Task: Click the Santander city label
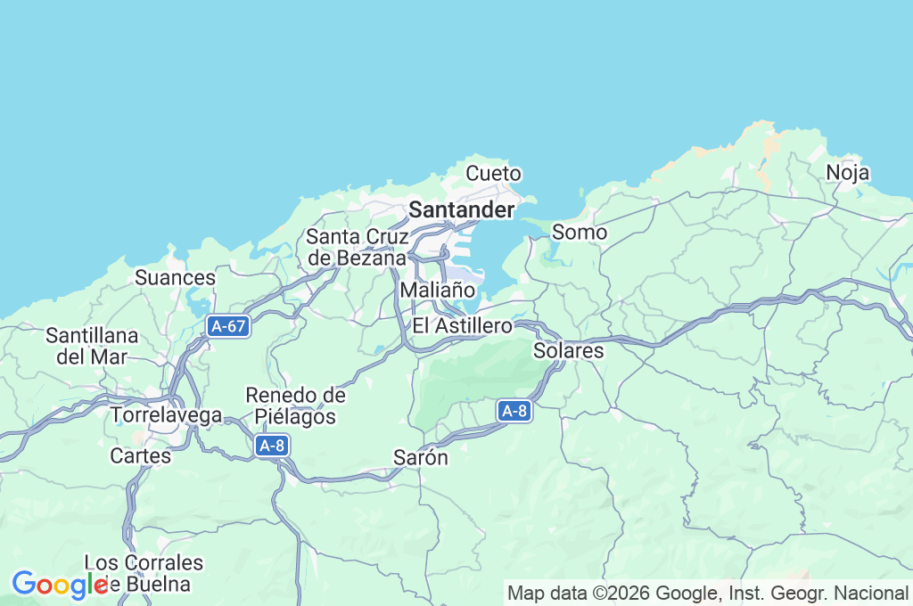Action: [461, 210]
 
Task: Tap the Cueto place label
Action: [493, 173]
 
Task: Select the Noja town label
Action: [847, 173]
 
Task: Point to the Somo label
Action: [580, 233]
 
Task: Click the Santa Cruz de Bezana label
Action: [357, 247]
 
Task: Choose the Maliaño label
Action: [437, 290]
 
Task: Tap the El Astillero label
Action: [462, 325]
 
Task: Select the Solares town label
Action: [568, 351]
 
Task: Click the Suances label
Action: [175, 278]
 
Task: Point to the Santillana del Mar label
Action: [92, 347]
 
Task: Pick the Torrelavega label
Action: [166, 415]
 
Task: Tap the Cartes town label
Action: [140, 456]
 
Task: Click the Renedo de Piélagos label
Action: [295, 405]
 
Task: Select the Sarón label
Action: [420, 457]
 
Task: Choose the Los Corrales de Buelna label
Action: [143, 573]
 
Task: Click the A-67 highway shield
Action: [227, 326]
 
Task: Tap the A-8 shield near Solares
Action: [514, 411]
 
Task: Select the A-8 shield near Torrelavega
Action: [272, 446]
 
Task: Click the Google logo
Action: [59, 585]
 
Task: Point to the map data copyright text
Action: [708, 593]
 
